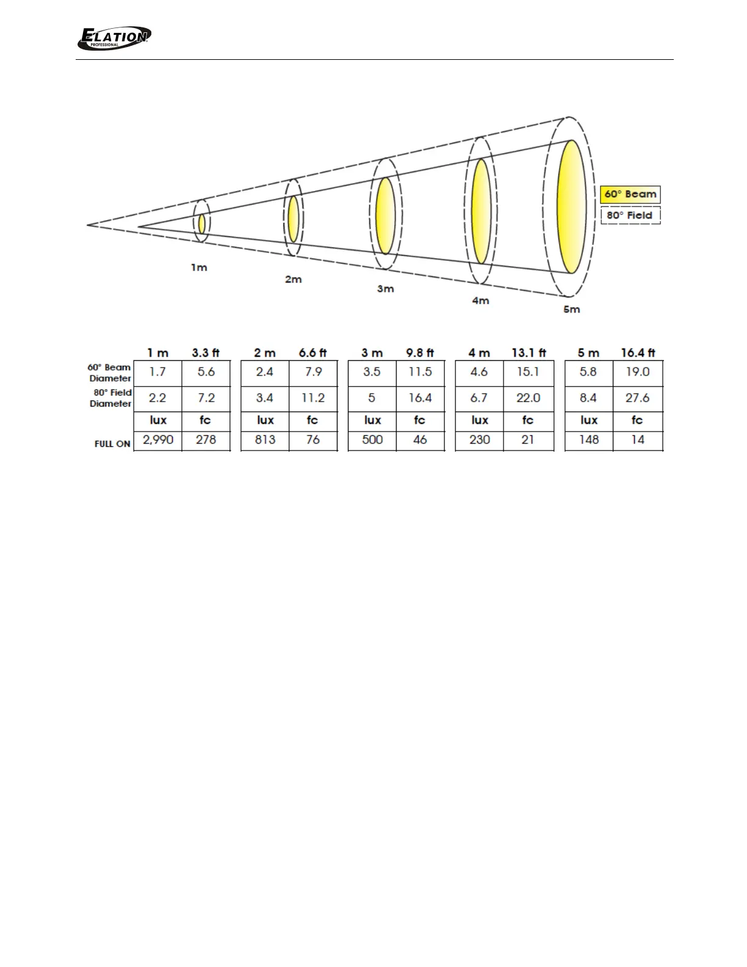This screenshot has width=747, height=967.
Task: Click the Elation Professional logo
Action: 114,38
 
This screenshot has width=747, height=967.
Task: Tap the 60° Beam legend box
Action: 630,195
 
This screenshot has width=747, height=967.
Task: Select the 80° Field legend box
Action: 630,215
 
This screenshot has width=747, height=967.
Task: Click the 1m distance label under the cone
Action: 199,267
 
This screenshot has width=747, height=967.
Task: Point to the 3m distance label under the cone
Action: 385,289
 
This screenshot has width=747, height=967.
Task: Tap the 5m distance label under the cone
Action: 571,310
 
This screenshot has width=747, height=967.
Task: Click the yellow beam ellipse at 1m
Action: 202,224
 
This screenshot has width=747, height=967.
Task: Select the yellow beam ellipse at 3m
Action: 385,216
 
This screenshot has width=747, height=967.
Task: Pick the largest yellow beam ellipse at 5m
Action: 572,207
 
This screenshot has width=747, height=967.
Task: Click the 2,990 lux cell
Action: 158,440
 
